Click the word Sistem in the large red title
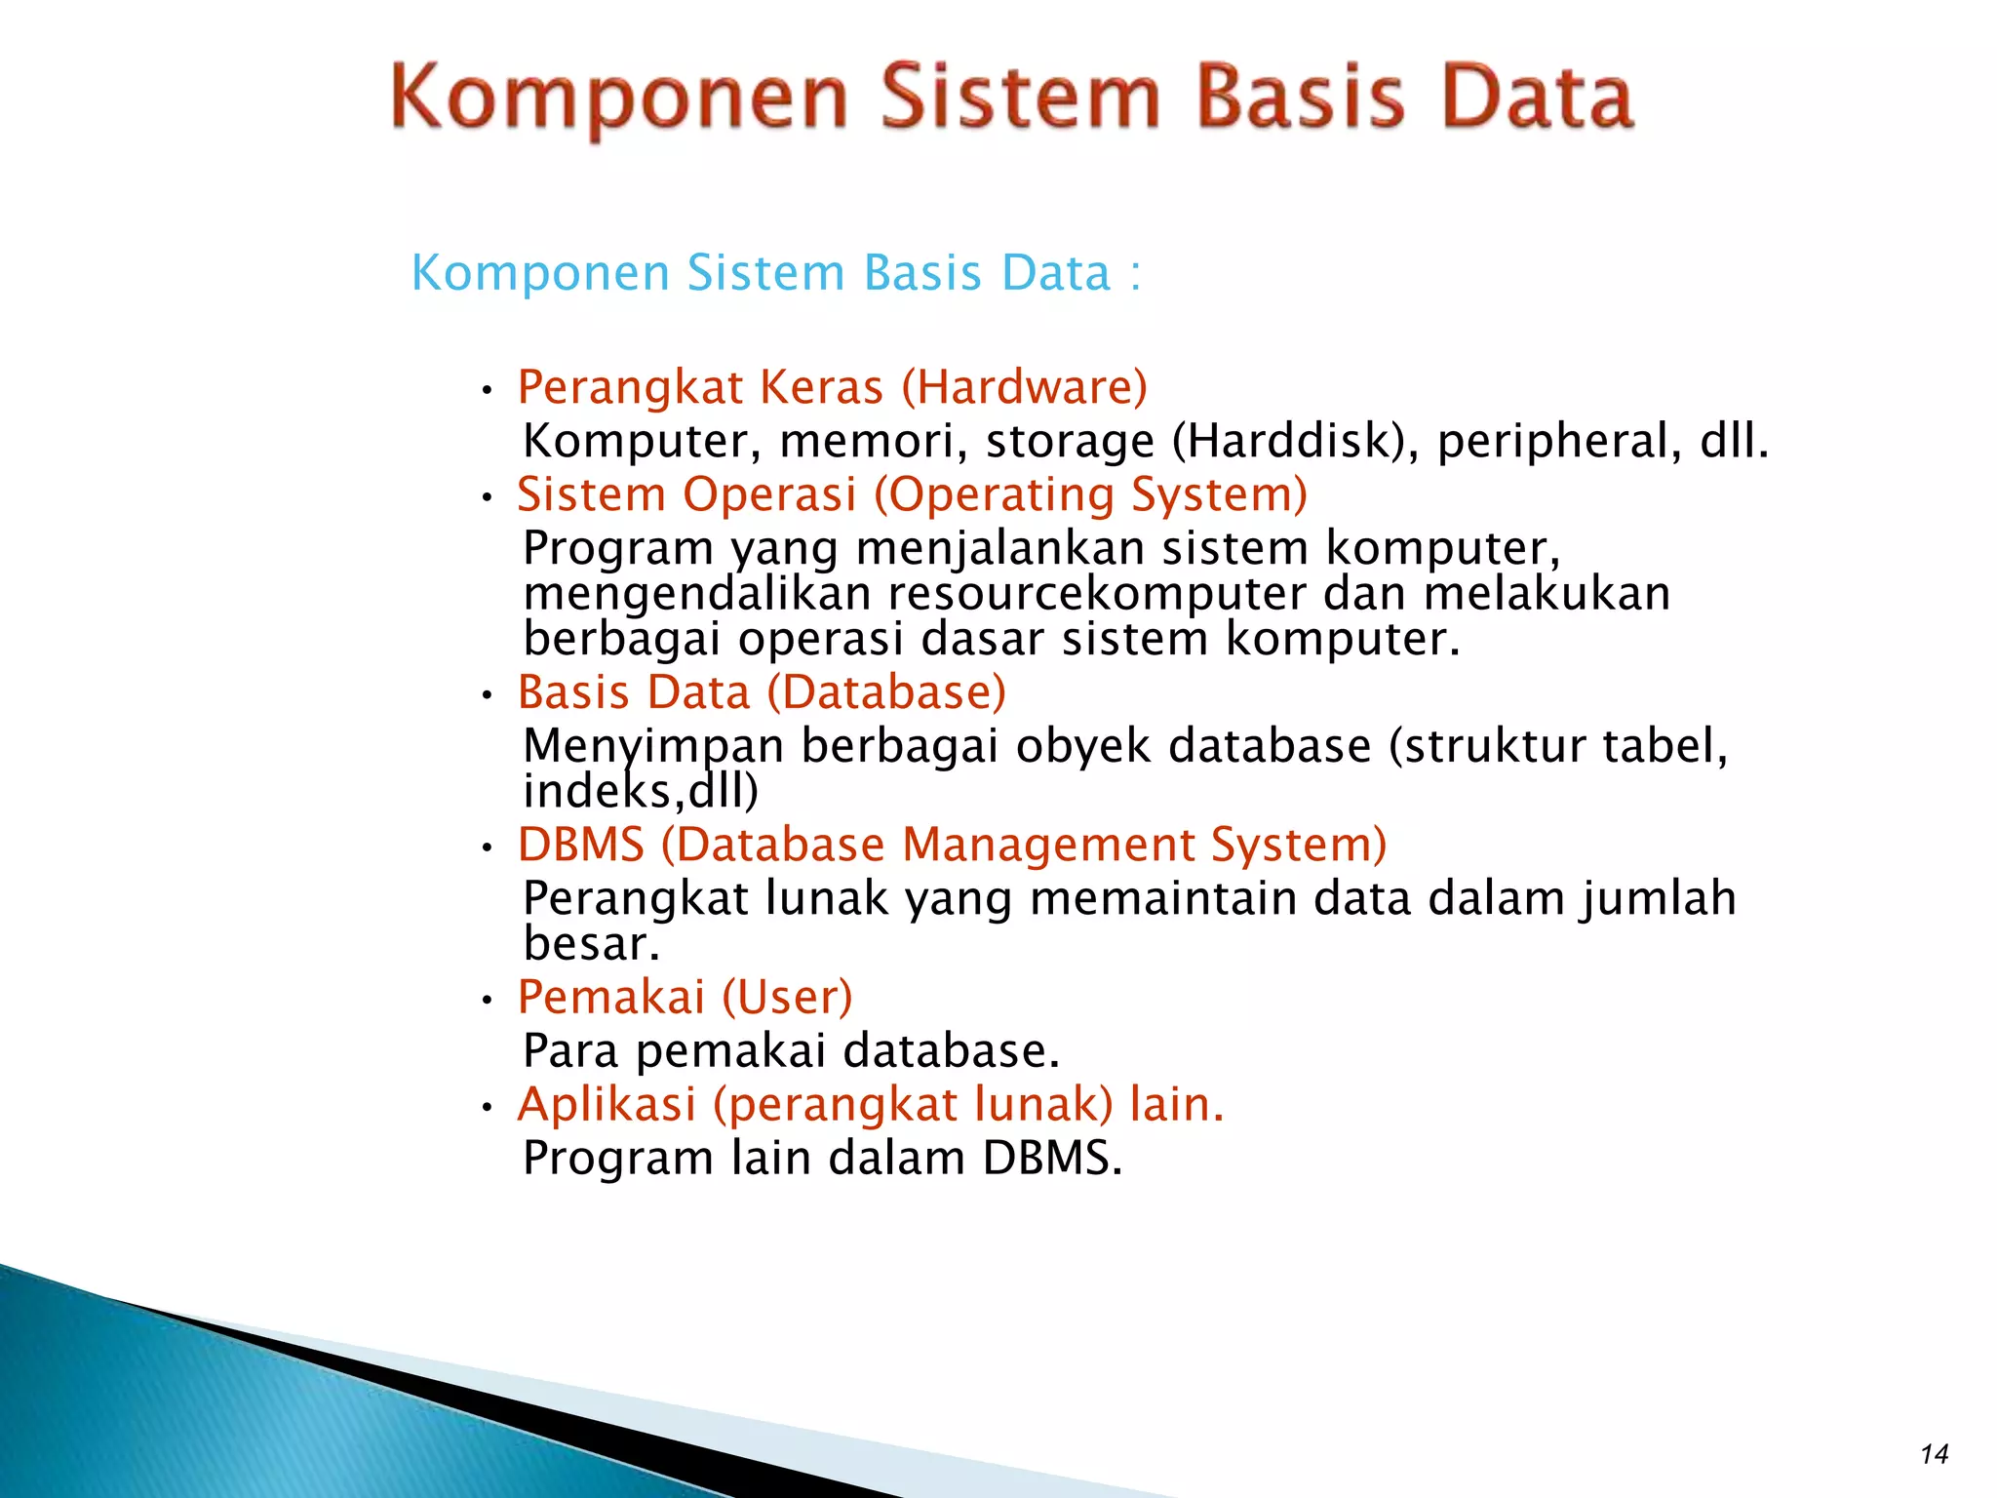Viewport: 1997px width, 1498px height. tap(1020, 98)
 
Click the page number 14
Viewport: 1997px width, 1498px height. tap(1934, 1454)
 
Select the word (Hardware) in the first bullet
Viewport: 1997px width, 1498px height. tap(1024, 387)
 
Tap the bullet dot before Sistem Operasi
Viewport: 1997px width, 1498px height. tap(488, 498)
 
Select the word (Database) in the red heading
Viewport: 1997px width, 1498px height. tap(886, 692)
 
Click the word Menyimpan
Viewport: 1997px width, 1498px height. tap(653, 747)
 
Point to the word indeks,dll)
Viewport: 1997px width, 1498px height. tap(641, 791)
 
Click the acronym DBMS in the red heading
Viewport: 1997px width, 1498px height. tap(581, 845)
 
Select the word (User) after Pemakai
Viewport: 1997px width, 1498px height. tap(787, 997)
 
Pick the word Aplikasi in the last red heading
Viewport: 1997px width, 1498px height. tap(607, 1104)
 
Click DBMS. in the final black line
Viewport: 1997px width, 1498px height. tap(1051, 1158)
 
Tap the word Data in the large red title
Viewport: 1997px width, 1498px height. tap(1537, 98)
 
